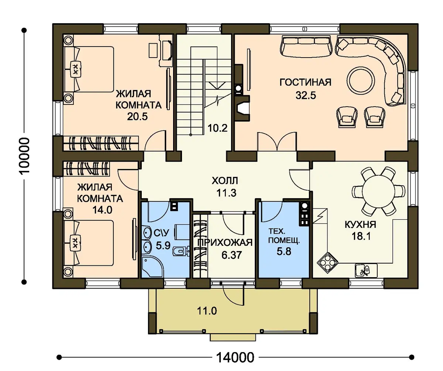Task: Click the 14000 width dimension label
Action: [235, 357]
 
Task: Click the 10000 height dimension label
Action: [24, 156]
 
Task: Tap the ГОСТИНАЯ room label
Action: [305, 82]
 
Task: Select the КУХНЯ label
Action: [360, 224]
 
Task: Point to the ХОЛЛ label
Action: [225, 181]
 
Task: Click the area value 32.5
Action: [306, 95]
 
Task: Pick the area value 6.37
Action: [231, 255]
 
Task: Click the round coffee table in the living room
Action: [361, 80]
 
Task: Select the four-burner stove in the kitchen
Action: [327, 262]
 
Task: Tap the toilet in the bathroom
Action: [181, 251]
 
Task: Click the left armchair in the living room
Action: [347, 117]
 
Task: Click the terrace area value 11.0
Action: [207, 311]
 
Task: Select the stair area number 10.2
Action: [217, 128]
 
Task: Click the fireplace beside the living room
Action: [242, 109]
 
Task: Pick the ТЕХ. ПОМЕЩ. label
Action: [284, 236]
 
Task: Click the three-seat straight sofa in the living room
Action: [306, 47]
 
